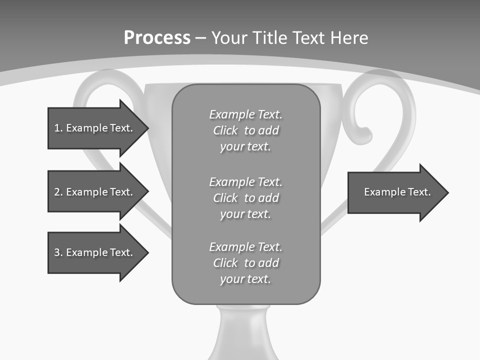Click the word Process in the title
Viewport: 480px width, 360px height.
point(157,38)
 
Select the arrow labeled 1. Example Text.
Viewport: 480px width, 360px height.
point(93,128)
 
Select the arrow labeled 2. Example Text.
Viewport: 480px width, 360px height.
point(93,192)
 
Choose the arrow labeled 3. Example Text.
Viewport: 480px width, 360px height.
point(93,252)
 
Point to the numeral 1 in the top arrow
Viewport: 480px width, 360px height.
point(57,128)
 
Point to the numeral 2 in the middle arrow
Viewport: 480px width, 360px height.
point(57,192)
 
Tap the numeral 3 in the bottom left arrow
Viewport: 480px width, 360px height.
point(57,252)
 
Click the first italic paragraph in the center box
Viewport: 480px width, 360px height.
point(245,130)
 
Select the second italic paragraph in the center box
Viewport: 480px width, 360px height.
point(245,198)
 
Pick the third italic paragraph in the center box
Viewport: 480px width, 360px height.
point(245,263)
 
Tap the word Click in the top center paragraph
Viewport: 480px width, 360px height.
point(225,131)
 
